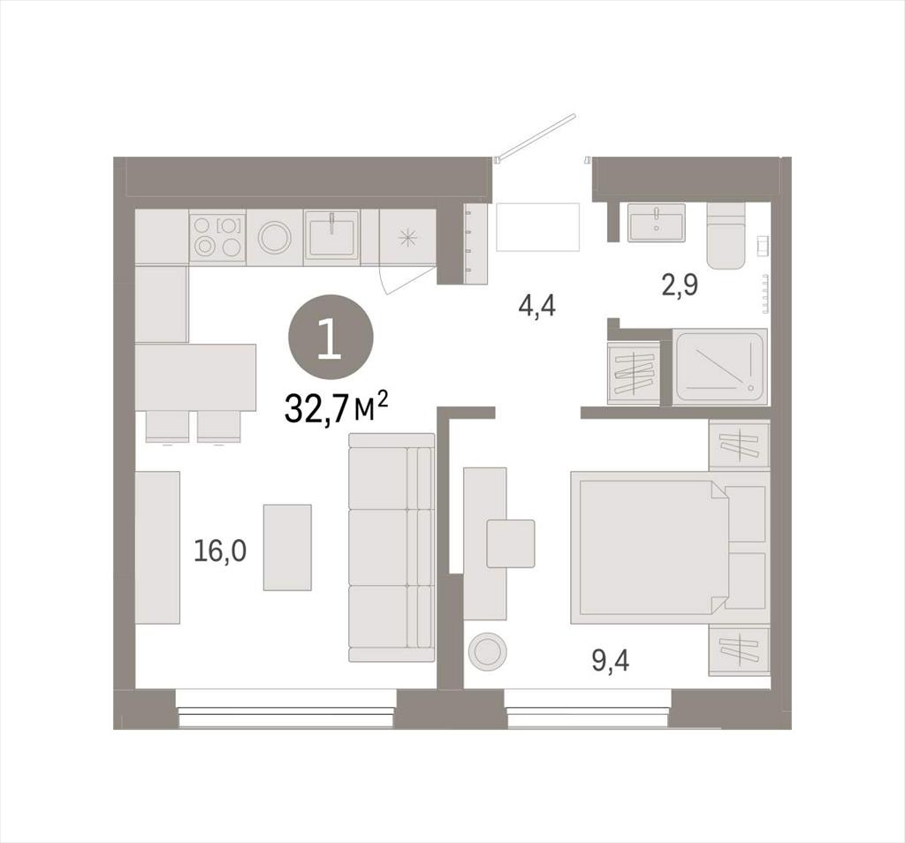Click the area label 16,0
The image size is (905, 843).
(x=220, y=551)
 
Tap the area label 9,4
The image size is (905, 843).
(x=611, y=660)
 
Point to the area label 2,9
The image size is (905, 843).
(x=680, y=285)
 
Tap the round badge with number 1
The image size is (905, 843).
(x=331, y=337)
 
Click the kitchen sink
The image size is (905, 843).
(x=332, y=233)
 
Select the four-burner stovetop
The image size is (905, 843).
(x=218, y=237)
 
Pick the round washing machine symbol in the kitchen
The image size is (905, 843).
(x=275, y=237)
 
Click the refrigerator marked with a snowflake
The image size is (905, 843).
(x=407, y=237)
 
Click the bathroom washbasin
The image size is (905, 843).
(x=657, y=222)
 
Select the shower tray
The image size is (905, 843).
(x=720, y=367)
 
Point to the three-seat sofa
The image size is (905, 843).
(x=392, y=547)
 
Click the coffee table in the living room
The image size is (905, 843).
(x=287, y=547)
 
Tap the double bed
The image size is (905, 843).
(x=650, y=547)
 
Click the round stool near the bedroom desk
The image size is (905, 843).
(x=488, y=651)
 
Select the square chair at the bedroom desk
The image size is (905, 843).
(x=510, y=543)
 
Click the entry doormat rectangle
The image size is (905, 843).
(x=537, y=227)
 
